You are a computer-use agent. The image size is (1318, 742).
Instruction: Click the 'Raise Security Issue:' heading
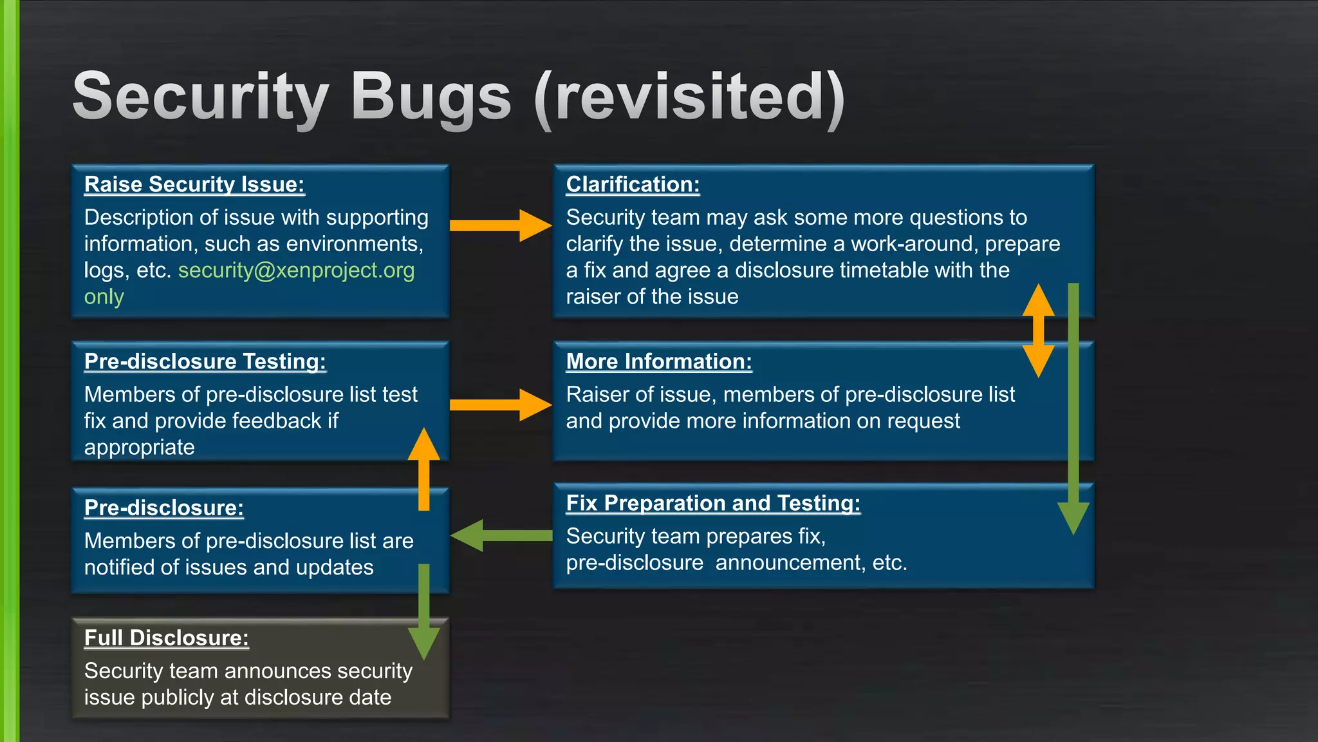point(194,184)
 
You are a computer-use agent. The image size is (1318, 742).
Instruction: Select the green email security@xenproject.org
point(296,271)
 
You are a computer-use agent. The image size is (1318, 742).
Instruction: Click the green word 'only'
point(104,297)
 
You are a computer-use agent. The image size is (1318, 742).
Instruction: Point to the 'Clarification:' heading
point(633,184)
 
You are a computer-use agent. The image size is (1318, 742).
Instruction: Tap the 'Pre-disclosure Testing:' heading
point(205,361)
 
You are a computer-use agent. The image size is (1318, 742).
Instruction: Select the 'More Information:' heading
point(659,361)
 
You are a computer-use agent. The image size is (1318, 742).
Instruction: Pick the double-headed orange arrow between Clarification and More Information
point(1038,330)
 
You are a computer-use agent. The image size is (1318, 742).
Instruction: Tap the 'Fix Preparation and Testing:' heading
point(713,503)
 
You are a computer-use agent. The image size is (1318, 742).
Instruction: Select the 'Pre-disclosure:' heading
point(163,508)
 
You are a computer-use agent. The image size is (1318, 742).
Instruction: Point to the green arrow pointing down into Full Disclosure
point(423,612)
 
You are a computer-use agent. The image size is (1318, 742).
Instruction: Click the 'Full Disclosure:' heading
point(166,638)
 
